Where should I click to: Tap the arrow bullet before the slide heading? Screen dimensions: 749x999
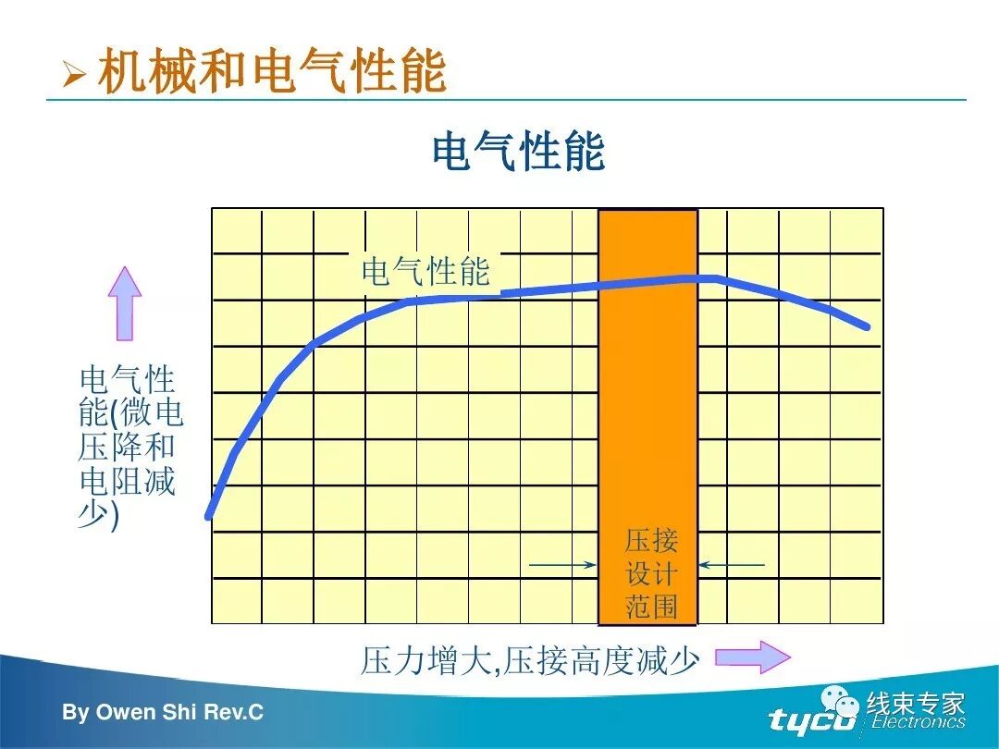73,73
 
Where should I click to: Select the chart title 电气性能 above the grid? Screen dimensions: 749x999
518,152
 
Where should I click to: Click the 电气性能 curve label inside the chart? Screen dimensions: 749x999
425,271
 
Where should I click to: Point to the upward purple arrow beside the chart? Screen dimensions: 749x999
125,302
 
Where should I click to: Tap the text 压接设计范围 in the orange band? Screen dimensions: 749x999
651,573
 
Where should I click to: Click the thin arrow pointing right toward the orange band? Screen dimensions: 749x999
562,564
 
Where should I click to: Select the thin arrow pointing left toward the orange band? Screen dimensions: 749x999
732,564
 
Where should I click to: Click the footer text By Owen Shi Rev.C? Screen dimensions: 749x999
163,713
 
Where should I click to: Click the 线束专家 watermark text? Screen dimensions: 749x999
916,704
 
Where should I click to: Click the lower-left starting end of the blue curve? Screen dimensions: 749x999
209,515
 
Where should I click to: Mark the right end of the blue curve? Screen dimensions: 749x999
867,325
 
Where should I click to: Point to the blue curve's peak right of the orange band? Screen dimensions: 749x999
715,277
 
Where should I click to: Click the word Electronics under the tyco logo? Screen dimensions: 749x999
918,722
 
